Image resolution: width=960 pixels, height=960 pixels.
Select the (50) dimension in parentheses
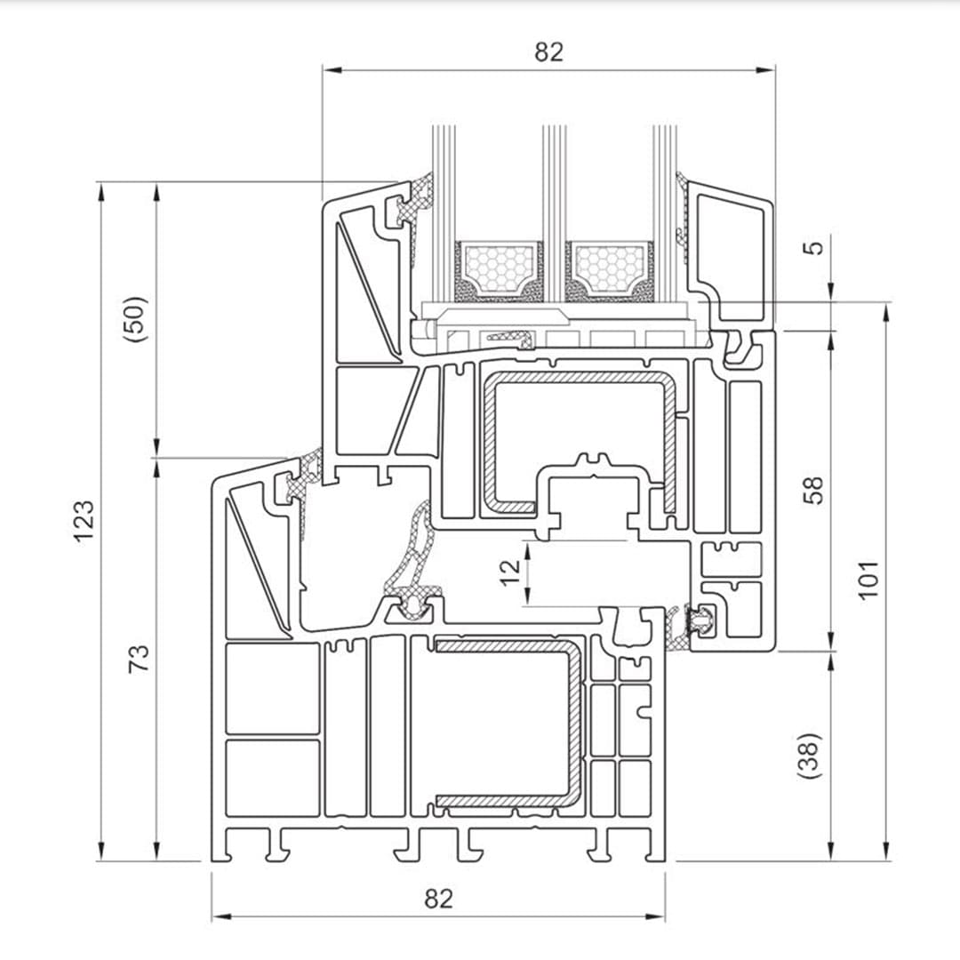[x=136, y=319]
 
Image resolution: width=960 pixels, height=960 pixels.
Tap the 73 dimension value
[x=139, y=659]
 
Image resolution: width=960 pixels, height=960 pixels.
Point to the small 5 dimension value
[x=814, y=245]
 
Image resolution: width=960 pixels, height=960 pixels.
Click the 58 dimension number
[x=814, y=491]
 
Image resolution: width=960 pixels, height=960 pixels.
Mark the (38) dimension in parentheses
[x=812, y=756]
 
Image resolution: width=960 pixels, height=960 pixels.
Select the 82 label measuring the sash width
[x=548, y=52]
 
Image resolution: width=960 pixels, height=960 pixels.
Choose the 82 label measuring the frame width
[x=437, y=899]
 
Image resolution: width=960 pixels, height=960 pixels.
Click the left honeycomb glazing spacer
[x=499, y=268]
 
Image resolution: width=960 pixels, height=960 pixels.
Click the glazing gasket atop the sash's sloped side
[x=413, y=200]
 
